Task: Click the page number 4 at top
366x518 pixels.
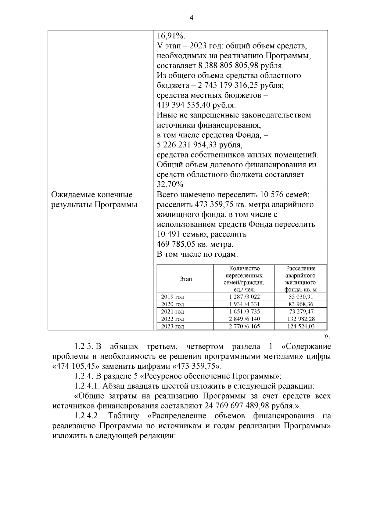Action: click(x=191, y=18)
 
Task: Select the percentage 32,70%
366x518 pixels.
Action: click(x=170, y=184)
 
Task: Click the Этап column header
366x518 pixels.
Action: click(x=185, y=279)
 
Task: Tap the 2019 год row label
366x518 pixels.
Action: click(x=173, y=297)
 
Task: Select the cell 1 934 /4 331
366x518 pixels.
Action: click(x=244, y=304)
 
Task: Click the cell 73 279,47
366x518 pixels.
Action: click(x=301, y=311)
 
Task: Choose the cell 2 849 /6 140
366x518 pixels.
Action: click(x=244, y=319)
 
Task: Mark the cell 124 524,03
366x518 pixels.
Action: click(x=301, y=326)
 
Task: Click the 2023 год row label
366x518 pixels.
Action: click(x=173, y=326)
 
